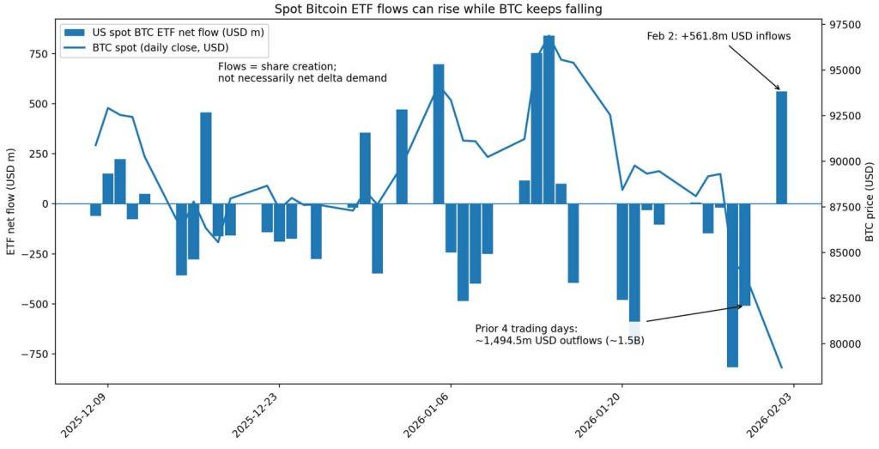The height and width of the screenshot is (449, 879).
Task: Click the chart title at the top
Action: [x=439, y=9]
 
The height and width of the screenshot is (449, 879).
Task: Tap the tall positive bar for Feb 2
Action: [x=781, y=147]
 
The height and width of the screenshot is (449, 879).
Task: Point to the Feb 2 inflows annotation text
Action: [x=718, y=36]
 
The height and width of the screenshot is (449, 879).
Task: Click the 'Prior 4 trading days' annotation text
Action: [x=559, y=335]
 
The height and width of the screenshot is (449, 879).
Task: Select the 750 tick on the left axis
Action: [x=38, y=53]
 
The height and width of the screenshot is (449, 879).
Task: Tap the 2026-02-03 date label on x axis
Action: [x=772, y=416]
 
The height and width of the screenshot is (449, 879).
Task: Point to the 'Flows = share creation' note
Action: [x=302, y=72]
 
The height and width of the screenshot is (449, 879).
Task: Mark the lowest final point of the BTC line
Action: [x=781, y=367]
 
